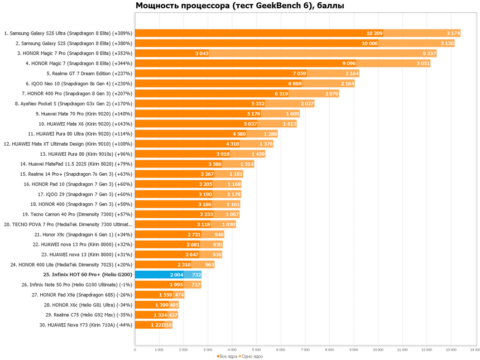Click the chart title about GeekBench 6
pos(240,6)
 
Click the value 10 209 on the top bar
pos(375,33)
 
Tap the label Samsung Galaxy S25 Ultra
pos(68,33)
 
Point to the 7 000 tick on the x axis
pos(305,350)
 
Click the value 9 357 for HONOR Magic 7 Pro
pos(430,53)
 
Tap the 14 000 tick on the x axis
pos(474,350)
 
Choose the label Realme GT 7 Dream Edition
pos(89,73)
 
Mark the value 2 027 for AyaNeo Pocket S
pos(307,103)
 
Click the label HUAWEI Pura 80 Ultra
pos(80,133)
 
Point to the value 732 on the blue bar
pos(196,275)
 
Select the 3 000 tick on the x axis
pos(208,350)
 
